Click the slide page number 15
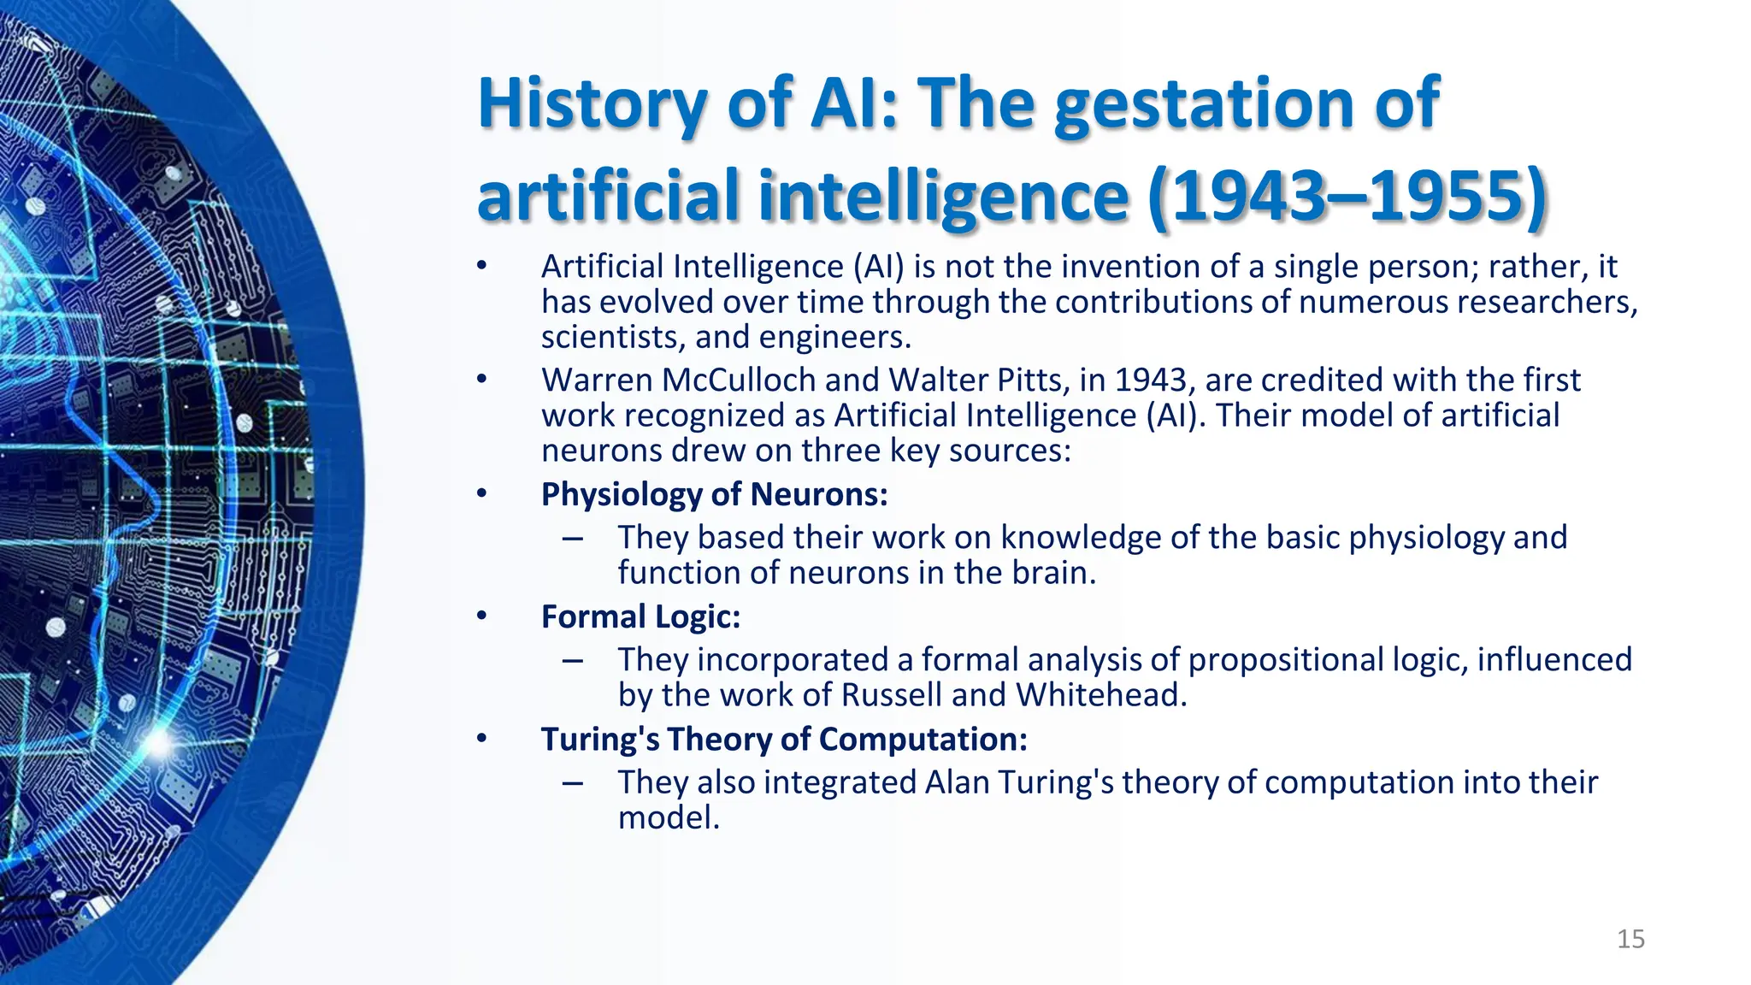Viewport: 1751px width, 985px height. (x=1630, y=939)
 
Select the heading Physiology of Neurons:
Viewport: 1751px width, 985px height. (x=714, y=494)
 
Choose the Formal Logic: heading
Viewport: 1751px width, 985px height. (x=640, y=616)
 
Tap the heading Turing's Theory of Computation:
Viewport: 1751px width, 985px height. (x=784, y=739)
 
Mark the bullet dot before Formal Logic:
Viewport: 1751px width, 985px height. (x=482, y=616)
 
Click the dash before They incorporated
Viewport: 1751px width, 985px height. (x=573, y=660)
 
